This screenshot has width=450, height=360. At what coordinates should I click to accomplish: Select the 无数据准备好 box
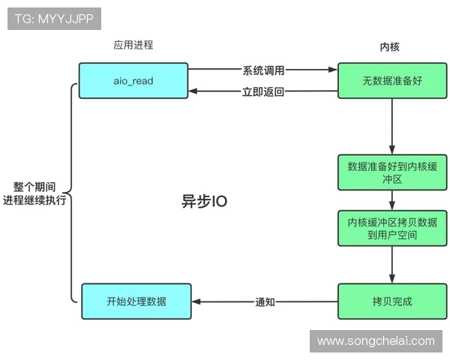pos(392,80)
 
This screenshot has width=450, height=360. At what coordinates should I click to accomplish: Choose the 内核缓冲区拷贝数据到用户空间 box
pos(392,228)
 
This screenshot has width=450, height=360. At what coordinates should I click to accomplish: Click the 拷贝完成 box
pos(392,302)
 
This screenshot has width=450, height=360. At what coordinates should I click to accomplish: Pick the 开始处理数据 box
pos(136,302)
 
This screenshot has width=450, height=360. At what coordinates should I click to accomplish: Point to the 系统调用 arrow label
pos(263,70)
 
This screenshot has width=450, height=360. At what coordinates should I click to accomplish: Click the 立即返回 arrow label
pos(263,91)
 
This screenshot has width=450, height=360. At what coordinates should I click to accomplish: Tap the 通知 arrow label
pos(265,303)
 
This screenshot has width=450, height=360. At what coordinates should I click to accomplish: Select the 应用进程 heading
pos(133,45)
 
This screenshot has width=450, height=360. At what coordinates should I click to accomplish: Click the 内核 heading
pos(390,46)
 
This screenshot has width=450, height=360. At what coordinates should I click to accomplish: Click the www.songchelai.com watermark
pos(375,340)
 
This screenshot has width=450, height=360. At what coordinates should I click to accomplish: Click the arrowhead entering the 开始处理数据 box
pos(196,303)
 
